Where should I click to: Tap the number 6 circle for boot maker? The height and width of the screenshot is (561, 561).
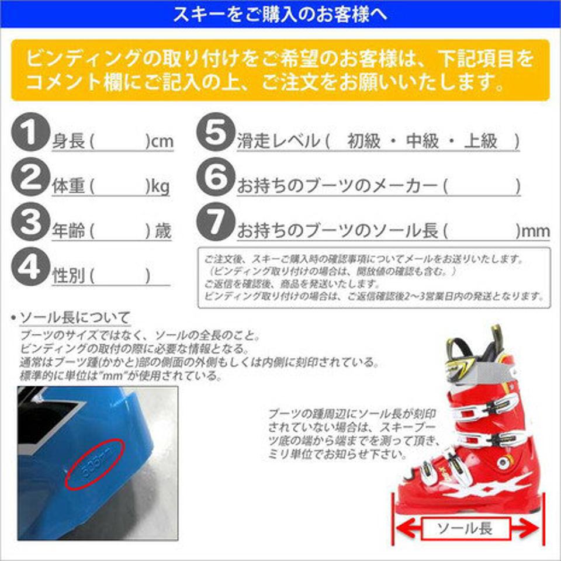(216, 179)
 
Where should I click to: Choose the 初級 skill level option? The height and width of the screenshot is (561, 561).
(363, 141)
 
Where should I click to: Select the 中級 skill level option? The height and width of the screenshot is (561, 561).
(422, 141)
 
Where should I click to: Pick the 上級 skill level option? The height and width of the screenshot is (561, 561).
(480, 141)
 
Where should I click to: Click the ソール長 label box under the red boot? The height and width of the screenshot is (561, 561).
(466, 529)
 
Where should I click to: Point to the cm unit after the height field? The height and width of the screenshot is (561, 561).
(162, 141)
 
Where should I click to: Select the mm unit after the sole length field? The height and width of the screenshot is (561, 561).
(535, 231)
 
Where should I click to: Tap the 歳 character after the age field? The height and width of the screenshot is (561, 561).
(163, 231)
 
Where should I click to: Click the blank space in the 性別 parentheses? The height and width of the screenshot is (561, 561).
(120, 276)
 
